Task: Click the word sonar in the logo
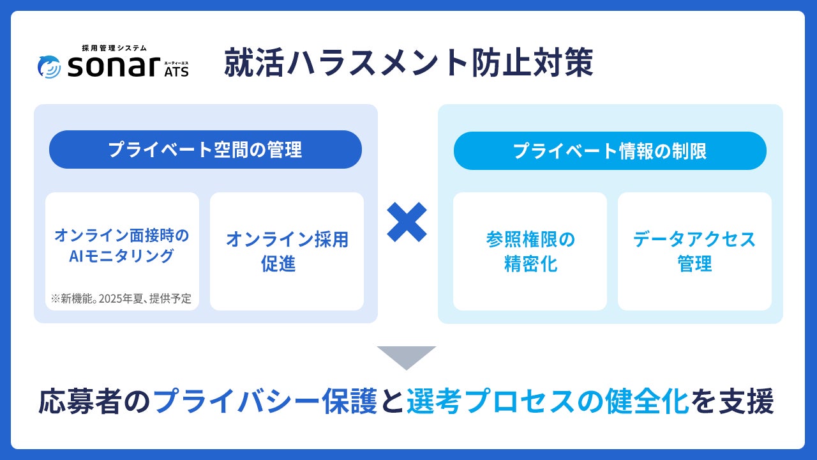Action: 112,66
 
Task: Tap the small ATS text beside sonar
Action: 176,72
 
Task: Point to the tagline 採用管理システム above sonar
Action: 114,48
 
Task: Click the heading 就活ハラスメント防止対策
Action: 408,64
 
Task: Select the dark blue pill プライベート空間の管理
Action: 205,149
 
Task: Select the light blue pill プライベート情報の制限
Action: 610,151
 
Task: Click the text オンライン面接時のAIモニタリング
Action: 122,246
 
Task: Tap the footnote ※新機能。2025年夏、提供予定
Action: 121,298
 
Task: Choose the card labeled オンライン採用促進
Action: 287,251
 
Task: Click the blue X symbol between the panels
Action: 407,222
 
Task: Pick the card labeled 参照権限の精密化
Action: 530,251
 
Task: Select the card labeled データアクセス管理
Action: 694,251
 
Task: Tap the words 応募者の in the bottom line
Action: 96,402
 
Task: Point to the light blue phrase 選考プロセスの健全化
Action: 547,402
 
